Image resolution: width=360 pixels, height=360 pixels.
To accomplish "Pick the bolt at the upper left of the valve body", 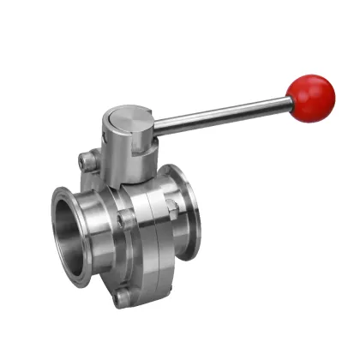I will point(85,160).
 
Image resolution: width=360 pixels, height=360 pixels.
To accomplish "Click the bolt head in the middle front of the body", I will point(127,219).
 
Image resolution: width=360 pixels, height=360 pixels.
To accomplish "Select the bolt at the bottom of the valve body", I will point(123,297).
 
